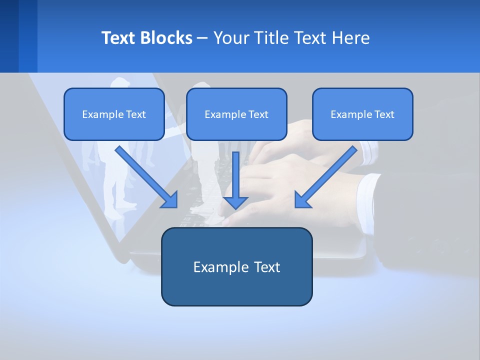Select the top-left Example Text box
click(114, 114)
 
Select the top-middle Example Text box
click(236, 114)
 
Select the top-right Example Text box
click(362, 114)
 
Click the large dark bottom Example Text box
click(236, 266)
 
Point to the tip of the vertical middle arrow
click(235, 208)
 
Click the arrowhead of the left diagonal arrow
click(171, 201)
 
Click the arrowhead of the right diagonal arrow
click(301, 201)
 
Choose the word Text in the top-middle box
click(258, 114)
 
